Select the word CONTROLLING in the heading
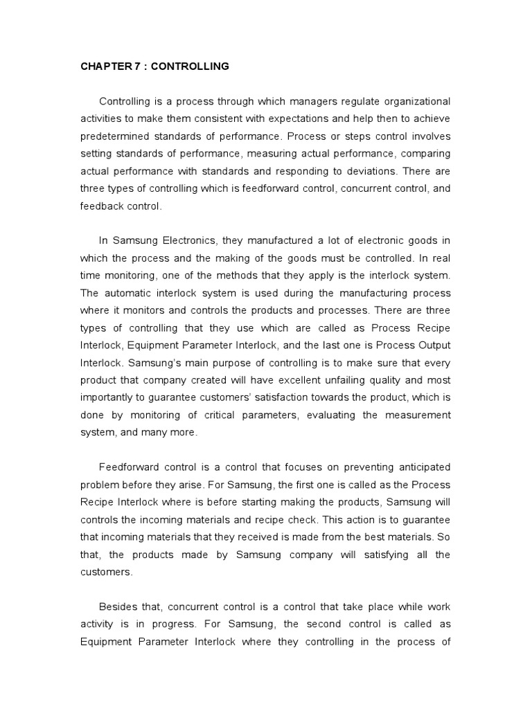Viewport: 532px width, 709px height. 190,66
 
